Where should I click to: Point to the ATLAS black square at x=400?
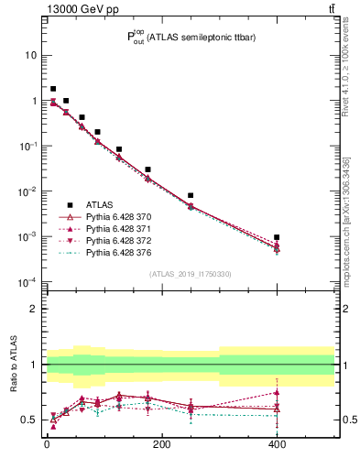pyautogui.click(x=277, y=237)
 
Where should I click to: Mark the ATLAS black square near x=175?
pyautogui.click(x=147, y=169)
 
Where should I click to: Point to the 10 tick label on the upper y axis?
pyautogui.click(x=31, y=55)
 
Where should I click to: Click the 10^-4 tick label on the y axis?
pyautogui.click(x=27, y=281)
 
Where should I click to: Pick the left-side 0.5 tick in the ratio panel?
pyautogui.click(x=30, y=420)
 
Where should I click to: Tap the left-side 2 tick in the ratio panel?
pyautogui.click(x=35, y=309)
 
